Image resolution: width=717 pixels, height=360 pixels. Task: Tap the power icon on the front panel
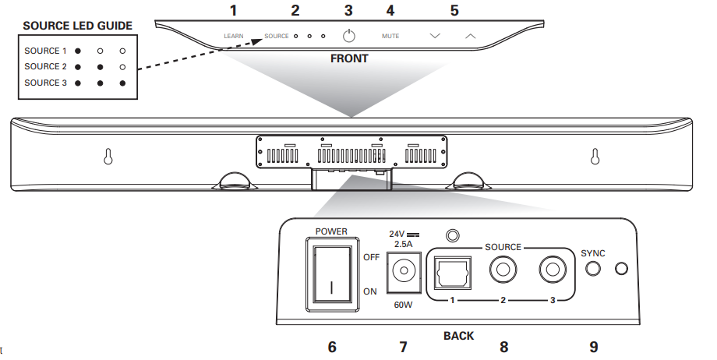(x=349, y=35)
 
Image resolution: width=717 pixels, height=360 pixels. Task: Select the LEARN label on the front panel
(x=234, y=36)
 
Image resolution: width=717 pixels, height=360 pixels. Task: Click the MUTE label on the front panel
(x=390, y=36)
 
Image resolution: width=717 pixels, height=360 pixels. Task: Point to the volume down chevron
(x=435, y=36)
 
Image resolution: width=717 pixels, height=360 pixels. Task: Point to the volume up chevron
(x=470, y=36)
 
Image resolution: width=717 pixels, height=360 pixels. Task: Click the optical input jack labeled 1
(x=452, y=273)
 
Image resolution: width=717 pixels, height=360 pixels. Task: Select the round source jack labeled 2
(x=503, y=270)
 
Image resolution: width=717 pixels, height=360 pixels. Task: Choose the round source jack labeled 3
(x=553, y=270)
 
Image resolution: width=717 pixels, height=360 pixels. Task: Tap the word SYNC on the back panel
(x=592, y=253)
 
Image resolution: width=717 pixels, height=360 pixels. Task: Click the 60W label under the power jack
(x=403, y=305)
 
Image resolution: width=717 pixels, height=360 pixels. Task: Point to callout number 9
(x=594, y=348)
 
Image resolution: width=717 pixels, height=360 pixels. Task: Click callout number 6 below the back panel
(x=332, y=348)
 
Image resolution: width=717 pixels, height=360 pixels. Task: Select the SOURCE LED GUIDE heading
(x=78, y=26)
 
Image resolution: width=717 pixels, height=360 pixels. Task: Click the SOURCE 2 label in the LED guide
(x=45, y=67)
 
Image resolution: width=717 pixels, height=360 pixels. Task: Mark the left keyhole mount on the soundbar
(x=108, y=157)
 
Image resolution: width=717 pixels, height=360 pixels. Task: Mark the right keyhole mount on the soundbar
(x=595, y=157)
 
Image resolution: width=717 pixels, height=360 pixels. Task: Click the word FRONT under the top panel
(x=349, y=58)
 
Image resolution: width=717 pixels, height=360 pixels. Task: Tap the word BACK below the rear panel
(x=458, y=336)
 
